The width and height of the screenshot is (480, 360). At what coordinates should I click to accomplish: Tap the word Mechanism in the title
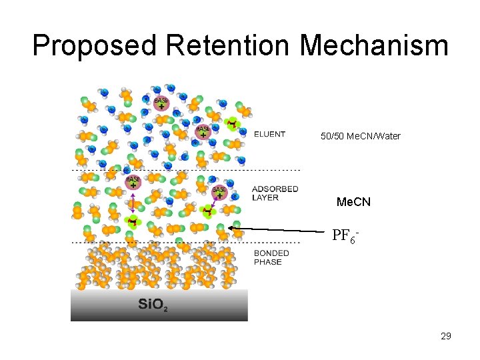tap(374, 45)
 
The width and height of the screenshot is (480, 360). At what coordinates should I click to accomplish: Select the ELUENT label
tap(269, 134)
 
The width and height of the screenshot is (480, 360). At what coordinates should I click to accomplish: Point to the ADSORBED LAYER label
tap(275, 193)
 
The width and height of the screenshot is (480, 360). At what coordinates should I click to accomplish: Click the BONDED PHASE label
tap(271, 257)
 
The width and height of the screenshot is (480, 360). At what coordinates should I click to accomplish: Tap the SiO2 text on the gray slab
tap(153, 305)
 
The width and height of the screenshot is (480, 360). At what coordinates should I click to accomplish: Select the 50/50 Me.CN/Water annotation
tap(360, 136)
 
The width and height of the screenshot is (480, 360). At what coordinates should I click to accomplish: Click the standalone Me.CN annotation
tap(353, 201)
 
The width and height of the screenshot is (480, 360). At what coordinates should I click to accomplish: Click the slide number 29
tap(446, 336)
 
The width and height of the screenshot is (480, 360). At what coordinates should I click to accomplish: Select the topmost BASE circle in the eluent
tap(161, 102)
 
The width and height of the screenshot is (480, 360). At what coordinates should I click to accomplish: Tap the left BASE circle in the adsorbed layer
tap(133, 181)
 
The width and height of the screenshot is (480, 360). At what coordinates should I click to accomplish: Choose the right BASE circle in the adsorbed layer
tap(219, 192)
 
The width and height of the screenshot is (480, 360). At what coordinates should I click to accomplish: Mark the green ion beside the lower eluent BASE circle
tap(231, 123)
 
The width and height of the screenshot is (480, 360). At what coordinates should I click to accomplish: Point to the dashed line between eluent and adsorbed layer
tap(187, 170)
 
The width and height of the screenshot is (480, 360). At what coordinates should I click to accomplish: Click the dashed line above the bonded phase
tap(187, 243)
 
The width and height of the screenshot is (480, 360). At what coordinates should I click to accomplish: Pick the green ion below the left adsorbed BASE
tap(133, 221)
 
